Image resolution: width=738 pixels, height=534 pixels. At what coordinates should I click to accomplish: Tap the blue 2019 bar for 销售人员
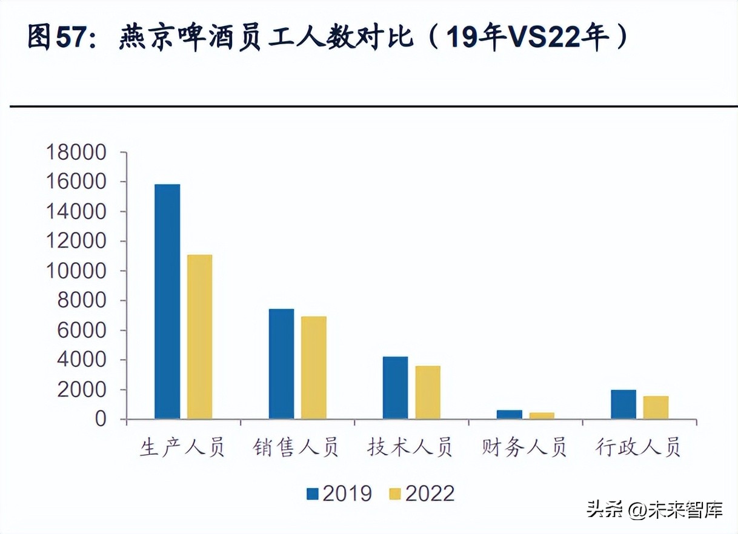click(281, 364)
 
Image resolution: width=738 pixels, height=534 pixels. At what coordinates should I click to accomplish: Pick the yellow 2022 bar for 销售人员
click(313, 368)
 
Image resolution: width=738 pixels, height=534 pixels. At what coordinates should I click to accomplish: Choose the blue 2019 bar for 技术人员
click(395, 387)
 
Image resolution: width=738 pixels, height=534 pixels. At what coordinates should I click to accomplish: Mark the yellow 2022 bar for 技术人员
click(427, 392)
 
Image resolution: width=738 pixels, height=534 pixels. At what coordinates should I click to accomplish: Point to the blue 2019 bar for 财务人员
click(509, 414)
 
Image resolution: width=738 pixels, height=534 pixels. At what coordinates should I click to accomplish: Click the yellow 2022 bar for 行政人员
click(656, 407)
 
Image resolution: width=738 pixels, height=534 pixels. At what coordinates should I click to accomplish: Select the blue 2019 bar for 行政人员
click(623, 404)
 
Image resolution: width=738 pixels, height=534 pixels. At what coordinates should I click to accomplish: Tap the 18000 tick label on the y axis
click(76, 153)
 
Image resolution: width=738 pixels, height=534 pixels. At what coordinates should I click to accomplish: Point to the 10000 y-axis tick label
click(76, 271)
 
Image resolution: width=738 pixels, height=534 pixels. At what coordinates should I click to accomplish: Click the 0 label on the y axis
click(99, 420)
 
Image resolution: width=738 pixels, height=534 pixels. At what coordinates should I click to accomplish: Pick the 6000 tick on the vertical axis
click(82, 331)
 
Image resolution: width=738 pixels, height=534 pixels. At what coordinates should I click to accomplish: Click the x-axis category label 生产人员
click(182, 449)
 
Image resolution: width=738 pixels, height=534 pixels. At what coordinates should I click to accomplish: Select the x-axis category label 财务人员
click(524, 449)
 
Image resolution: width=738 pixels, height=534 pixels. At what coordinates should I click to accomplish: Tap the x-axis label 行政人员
click(638, 449)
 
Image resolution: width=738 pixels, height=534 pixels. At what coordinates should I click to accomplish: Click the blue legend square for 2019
click(313, 493)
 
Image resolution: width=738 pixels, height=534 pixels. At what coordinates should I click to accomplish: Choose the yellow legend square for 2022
click(395, 493)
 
